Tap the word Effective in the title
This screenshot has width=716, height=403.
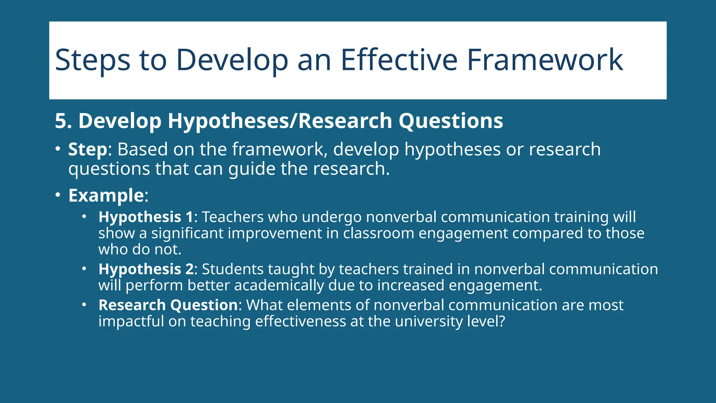pyautogui.click(x=399, y=60)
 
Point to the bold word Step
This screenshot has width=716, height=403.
pyautogui.click(x=87, y=150)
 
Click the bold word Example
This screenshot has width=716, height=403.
pyautogui.click(x=106, y=195)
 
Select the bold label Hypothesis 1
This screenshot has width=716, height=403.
pyautogui.click(x=146, y=217)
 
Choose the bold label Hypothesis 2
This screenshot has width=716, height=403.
pyautogui.click(x=146, y=269)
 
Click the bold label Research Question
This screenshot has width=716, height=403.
pyautogui.click(x=168, y=305)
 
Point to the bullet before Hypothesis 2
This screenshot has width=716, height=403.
pyautogui.click(x=84, y=269)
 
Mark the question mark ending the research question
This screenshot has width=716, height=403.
pyautogui.click(x=502, y=321)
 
